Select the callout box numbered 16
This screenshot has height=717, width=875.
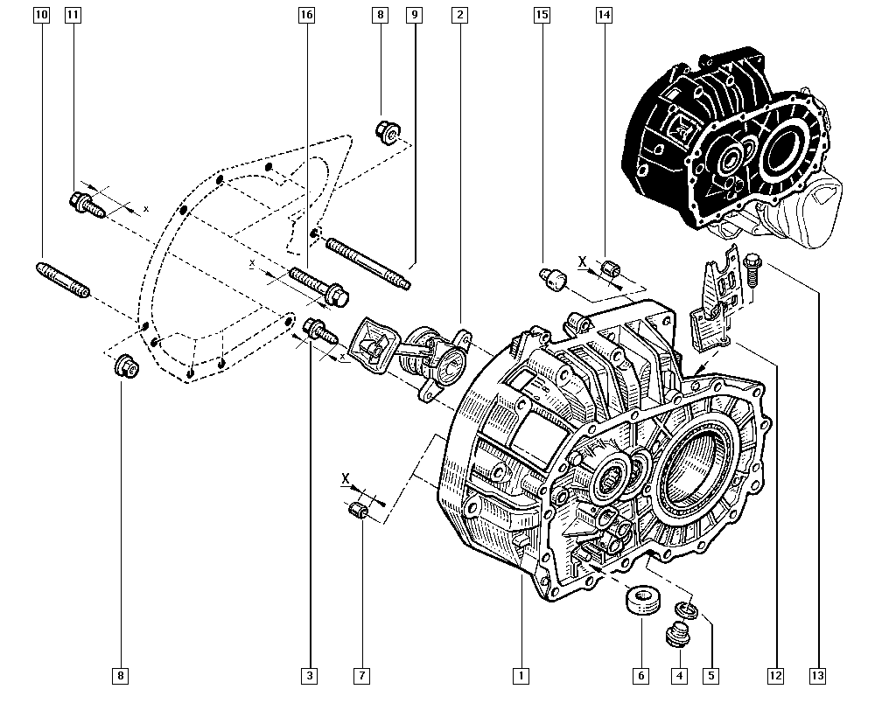(x=305, y=15)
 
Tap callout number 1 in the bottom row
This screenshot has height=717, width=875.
(x=521, y=675)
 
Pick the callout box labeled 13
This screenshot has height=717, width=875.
(x=818, y=675)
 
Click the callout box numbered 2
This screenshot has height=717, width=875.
(x=459, y=15)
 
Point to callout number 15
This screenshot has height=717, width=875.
(x=542, y=15)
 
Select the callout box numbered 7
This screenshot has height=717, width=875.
(x=361, y=675)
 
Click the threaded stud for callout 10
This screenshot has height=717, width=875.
(x=62, y=280)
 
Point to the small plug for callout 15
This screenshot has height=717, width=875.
(x=553, y=279)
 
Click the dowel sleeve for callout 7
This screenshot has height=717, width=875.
(x=358, y=512)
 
